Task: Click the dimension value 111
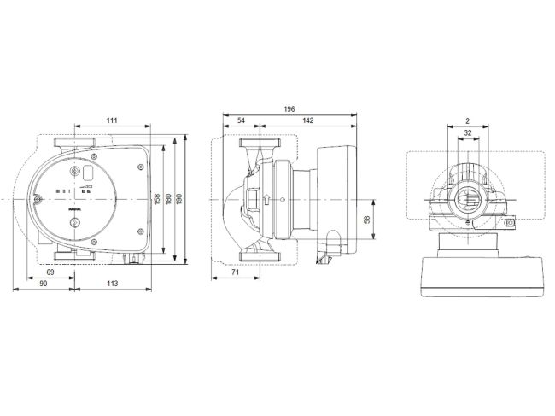pyautogui.click(x=112, y=121)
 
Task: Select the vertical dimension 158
pyautogui.click(x=156, y=198)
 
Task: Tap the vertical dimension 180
pyautogui.click(x=168, y=198)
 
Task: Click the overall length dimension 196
pyautogui.click(x=290, y=109)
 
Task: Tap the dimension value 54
pyautogui.click(x=241, y=121)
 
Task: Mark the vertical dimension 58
pyautogui.click(x=367, y=220)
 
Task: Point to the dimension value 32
pyautogui.click(x=467, y=133)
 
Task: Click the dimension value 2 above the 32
pyautogui.click(x=467, y=121)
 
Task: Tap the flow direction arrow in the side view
pyautogui.click(x=269, y=201)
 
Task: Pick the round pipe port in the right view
pyautogui.click(x=467, y=202)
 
